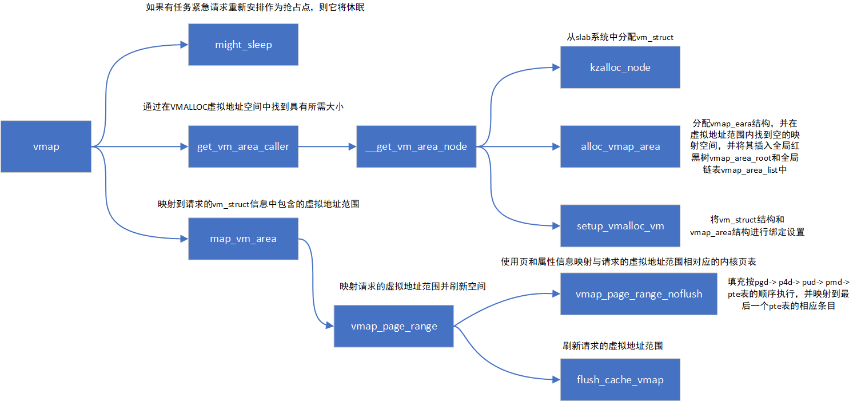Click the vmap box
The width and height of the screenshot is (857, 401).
[46, 146]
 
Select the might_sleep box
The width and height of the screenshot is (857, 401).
[243, 45]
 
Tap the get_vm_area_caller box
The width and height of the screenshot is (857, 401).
[243, 146]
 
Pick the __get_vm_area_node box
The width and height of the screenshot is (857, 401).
[416, 146]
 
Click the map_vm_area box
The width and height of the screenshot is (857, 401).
[243, 239]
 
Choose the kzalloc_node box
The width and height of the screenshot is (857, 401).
[620, 68]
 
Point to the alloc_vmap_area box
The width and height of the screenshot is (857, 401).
[620, 146]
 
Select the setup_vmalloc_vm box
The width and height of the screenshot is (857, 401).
[620, 226]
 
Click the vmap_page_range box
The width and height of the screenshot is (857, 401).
[393, 326]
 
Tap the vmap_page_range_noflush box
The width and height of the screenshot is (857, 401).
[638, 294]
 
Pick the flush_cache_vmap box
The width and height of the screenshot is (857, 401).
[620, 380]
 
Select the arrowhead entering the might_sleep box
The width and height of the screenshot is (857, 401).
[184, 45]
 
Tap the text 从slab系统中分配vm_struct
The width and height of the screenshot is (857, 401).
[620, 37]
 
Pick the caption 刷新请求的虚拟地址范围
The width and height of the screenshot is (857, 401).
[612, 346]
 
